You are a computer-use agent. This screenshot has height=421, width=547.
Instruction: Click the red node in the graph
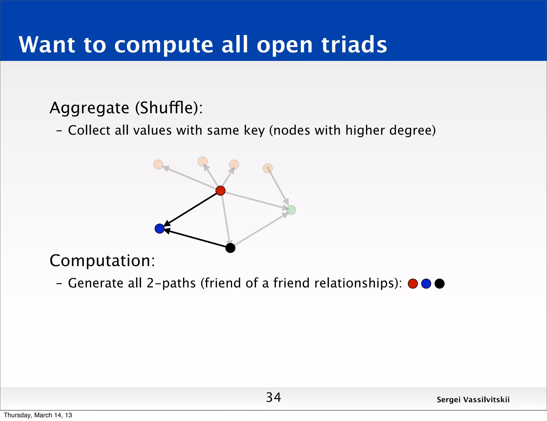[220, 190]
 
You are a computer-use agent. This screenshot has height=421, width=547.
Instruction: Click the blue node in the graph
[159, 229]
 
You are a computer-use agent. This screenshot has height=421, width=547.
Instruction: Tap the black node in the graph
[230, 248]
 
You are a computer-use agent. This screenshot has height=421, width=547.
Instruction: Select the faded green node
[291, 210]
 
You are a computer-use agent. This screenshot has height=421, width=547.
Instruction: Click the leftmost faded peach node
[158, 165]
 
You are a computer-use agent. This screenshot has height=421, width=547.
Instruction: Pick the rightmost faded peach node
[268, 168]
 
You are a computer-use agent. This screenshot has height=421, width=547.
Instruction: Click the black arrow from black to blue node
[196, 239]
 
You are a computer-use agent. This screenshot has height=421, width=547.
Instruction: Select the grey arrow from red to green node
[255, 200]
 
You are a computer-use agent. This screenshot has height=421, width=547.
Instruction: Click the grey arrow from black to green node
[260, 229]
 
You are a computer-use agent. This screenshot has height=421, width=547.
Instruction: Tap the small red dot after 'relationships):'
[413, 283]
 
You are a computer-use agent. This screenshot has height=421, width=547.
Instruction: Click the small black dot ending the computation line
[440, 283]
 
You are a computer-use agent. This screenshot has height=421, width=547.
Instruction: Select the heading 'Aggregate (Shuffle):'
[126, 108]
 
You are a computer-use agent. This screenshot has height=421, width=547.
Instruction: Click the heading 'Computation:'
[102, 260]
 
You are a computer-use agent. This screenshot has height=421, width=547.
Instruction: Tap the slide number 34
[273, 397]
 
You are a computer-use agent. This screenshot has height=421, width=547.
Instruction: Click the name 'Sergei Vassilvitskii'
[473, 400]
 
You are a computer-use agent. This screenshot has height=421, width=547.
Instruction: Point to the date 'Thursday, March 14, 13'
[38, 415]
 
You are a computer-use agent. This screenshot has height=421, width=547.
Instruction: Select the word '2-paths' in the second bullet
[171, 283]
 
